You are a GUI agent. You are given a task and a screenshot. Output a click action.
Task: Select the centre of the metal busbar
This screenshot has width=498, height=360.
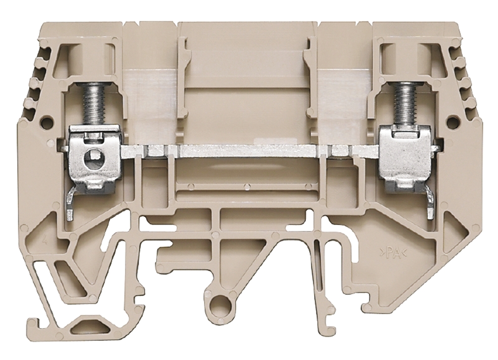tap(250, 151)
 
